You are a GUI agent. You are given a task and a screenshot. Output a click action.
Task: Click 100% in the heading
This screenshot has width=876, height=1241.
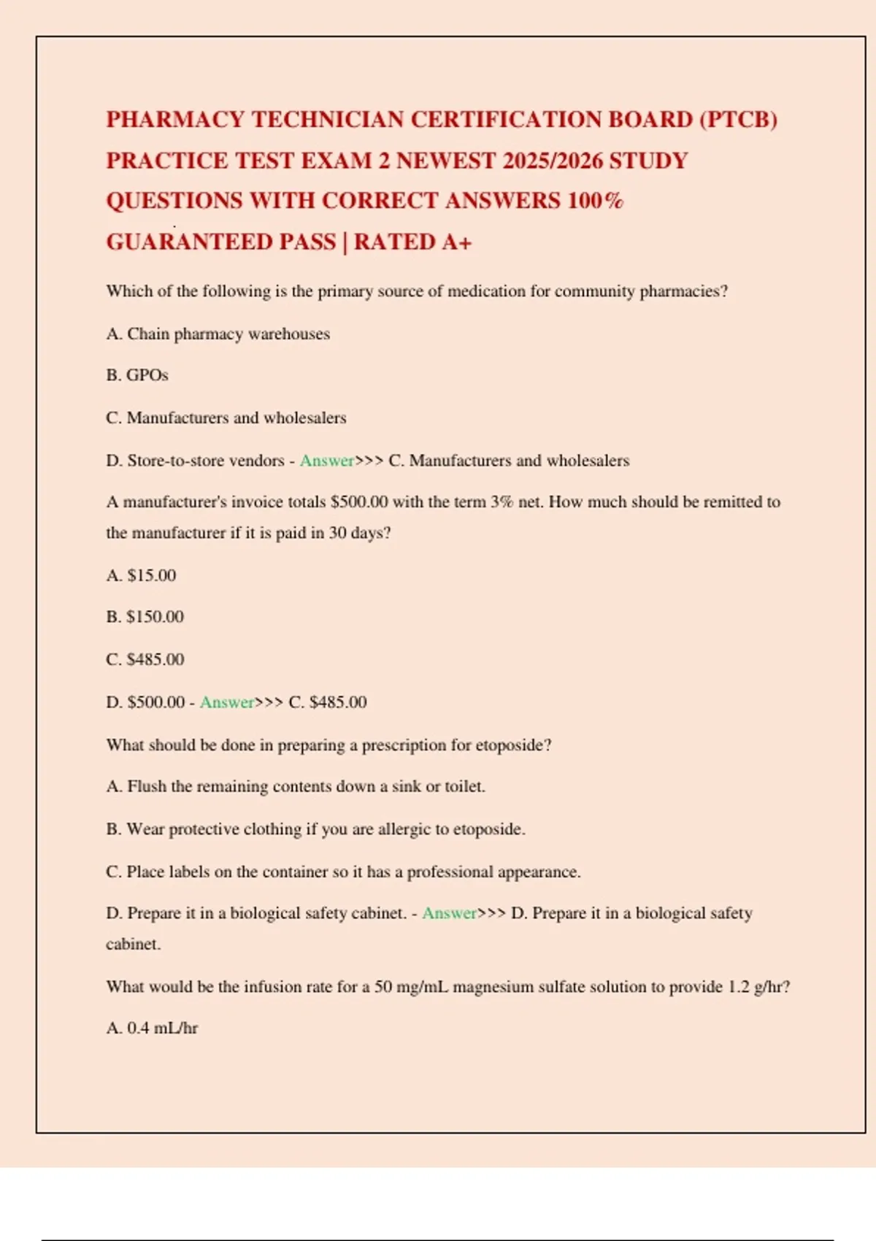point(595,201)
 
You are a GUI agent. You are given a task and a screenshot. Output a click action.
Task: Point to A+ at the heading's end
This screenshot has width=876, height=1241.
point(456,242)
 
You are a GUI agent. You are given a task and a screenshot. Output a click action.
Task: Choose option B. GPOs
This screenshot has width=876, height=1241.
point(137,375)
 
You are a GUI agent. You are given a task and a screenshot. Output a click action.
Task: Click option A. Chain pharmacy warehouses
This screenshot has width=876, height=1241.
point(218,334)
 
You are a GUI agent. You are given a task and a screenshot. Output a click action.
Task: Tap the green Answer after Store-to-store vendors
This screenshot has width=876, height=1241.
point(326,461)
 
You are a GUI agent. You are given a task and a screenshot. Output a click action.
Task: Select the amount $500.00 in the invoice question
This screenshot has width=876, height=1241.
point(359,502)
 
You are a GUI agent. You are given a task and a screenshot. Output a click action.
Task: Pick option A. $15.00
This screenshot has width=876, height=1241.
point(141,575)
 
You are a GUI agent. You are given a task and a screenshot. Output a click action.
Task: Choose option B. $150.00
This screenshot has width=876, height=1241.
point(145,617)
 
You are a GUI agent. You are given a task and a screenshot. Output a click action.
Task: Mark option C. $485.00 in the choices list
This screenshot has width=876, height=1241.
point(145,659)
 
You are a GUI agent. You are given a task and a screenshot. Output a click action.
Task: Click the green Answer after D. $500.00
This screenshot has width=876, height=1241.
point(226,702)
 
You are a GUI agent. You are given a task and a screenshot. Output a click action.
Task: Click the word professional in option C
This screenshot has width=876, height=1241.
point(450,872)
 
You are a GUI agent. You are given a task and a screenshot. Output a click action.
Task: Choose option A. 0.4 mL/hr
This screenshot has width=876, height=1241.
point(152,1029)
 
